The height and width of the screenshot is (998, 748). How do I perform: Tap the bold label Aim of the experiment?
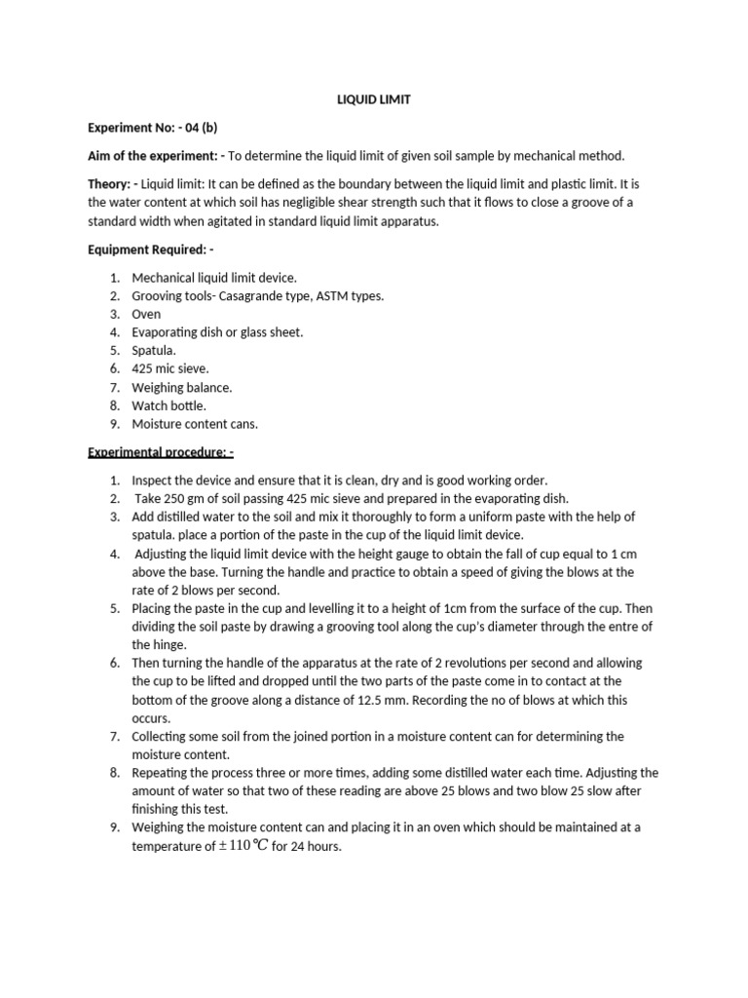pyautogui.click(x=155, y=156)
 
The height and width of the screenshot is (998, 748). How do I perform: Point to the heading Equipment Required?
pyautogui.click(x=150, y=249)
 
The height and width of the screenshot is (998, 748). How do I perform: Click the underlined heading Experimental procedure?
pyautogui.click(x=161, y=452)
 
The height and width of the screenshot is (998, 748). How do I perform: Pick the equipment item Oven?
pyautogui.click(x=146, y=314)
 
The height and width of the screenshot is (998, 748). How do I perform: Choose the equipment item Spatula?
pyautogui.click(x=155, y=350)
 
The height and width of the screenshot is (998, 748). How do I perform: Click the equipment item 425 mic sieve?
pyautogui.click(x=170, y=368)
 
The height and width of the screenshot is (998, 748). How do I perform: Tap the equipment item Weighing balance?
pyautogui.click(x=182, y=387)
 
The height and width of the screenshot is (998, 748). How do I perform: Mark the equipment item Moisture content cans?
pyautogui.click(x=195, y=424)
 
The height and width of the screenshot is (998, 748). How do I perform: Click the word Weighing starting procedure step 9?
pyautogui.click(x=160, y=827)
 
